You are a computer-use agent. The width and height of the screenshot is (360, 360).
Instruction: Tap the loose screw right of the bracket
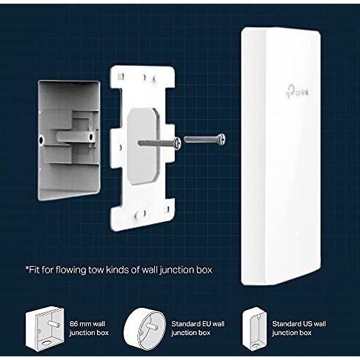[x=205, y=137]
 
